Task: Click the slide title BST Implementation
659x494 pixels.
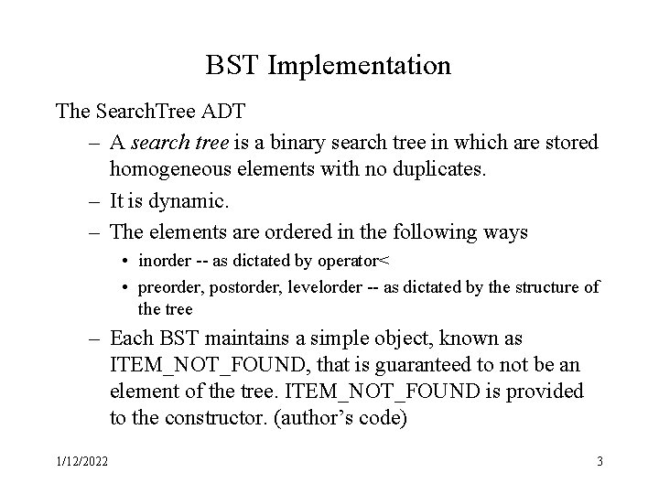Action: (x=329, y=66)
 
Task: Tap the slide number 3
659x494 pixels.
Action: (x=600, y=461)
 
